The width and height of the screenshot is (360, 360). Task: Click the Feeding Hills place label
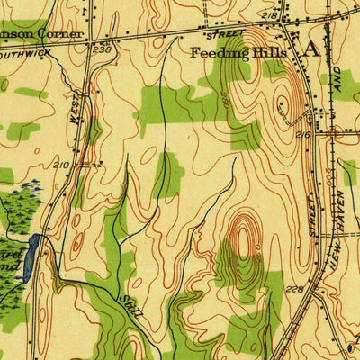coord(238,52)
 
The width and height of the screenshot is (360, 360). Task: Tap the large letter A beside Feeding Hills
coord(311,50)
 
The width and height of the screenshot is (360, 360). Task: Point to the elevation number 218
coord(267,16)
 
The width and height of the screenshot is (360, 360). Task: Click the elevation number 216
coord(302,135)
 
